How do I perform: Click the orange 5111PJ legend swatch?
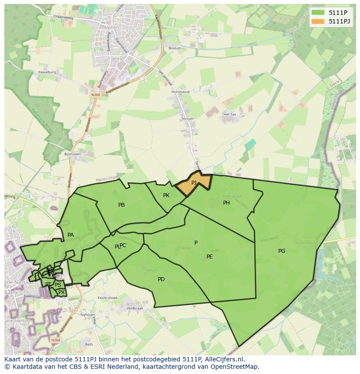click(318, 21)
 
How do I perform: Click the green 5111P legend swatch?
click(318, 13)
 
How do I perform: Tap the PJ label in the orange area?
click(194, 183)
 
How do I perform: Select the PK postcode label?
click(166, 195)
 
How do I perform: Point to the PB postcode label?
click(121, 205)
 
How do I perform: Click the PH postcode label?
click(227, 203)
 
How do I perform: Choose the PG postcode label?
click(282, 251)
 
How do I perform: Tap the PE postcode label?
click(210, 257)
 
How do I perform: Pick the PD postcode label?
click(161, 279)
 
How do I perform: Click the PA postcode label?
click(70, 235)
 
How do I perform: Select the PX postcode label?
click(61, 292)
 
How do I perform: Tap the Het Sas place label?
click(229, 114)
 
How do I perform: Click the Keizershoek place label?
click(108, 298)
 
